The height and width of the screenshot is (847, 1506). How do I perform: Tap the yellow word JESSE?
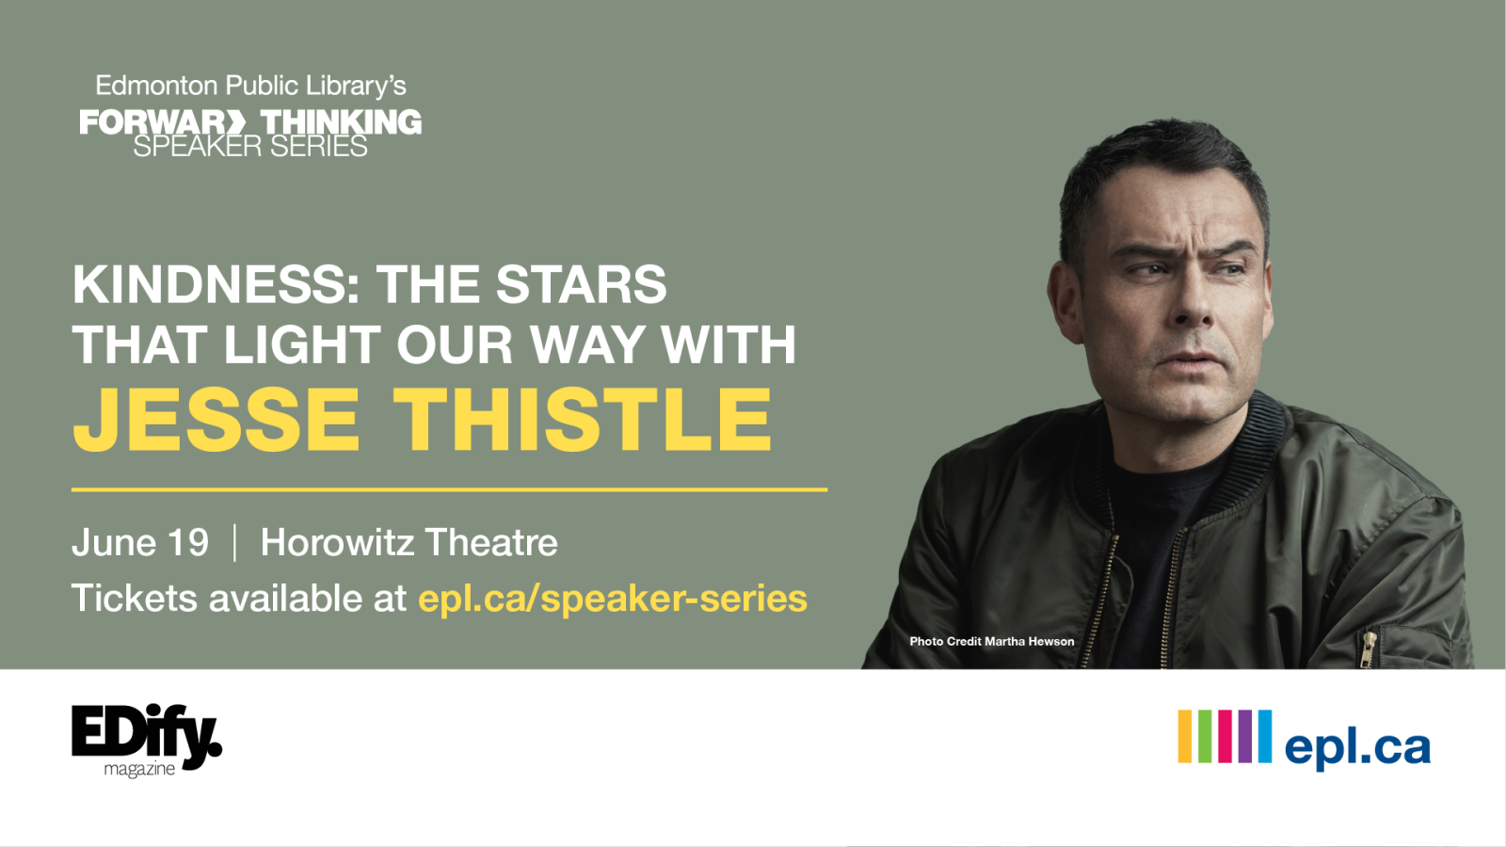216,420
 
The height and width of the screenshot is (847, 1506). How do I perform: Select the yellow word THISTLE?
583,420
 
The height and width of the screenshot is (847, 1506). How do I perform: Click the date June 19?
140,543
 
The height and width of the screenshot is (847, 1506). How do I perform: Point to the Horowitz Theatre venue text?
409,543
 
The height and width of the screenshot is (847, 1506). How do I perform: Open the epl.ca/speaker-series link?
613,599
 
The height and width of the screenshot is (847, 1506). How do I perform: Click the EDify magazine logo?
146,737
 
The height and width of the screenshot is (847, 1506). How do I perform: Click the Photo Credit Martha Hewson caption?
991,641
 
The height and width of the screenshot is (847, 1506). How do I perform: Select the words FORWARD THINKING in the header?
250,121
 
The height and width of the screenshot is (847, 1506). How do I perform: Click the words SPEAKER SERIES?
250,148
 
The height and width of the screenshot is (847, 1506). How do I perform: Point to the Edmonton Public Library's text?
250,86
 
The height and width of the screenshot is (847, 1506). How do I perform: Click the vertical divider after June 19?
234,543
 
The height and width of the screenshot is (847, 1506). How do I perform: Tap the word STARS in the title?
581,285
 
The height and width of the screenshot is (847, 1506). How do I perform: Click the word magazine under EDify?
139,770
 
